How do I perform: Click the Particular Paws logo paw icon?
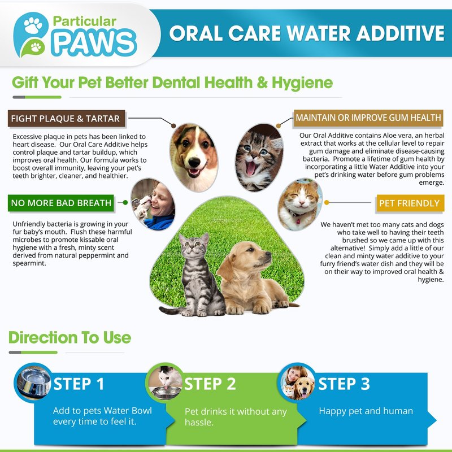click(x=31, y=34)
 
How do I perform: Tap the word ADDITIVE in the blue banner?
click(x=401, y=33)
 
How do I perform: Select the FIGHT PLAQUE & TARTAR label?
click(x=66, y=119)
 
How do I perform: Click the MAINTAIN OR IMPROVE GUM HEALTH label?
click(x=368, y=118)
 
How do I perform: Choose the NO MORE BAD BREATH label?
click(x=61, y=203)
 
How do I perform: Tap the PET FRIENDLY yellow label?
click(x=410, y=203)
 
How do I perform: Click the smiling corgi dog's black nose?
click(x=194, y=163)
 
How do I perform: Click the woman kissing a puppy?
click(x=153, y=204)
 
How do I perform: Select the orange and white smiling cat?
click(x=300, y=204)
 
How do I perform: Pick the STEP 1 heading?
click(x=79, y=384)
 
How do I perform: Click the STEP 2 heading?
click(x=210, y=384)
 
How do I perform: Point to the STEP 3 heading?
click(x=344, y=384)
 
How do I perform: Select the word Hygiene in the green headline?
click(x=302, y=83)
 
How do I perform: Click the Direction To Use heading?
click(x=69, y=337)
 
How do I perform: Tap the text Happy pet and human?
click(x=366, y=411)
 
